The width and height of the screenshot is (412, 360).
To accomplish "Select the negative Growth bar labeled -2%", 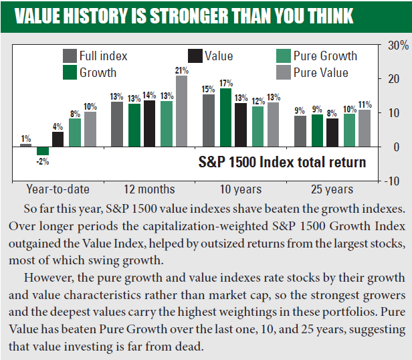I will click(43, 151).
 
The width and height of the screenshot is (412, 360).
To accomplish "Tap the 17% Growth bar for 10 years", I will click(226, 117).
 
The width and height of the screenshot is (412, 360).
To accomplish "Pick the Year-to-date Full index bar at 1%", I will click(26, 145).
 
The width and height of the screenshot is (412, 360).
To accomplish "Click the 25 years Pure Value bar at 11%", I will click(365, 128).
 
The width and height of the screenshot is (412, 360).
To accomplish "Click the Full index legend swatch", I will click(69, 56).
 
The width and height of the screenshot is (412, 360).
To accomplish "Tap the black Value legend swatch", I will click(195, 56).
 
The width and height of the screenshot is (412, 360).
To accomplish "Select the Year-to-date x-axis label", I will click(58, 189).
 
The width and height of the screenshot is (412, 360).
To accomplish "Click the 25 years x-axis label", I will click(332, 189).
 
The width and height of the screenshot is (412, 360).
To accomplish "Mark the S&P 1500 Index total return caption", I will click(282, 162).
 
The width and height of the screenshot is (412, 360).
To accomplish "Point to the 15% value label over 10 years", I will click(208, 89).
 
